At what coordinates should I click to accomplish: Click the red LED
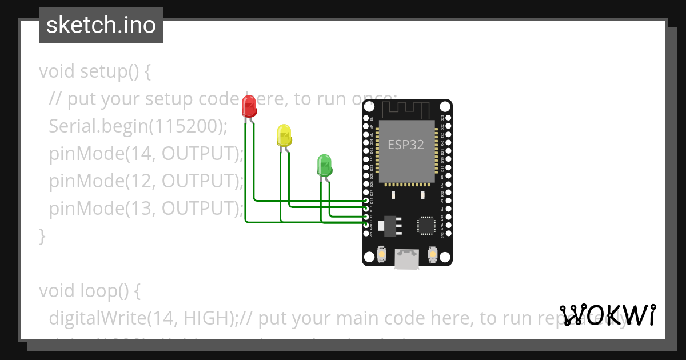[x=249, y=106]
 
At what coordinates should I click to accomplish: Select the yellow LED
[x=284, y=135]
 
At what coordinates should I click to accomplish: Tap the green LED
[x=324, y=165]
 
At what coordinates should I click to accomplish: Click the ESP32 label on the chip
[x=406, y=145]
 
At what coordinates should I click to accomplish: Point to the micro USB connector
[x=406, y=258]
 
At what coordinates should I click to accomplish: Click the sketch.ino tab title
[x=101, y=25]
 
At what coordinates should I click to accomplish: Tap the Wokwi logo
[x=608, y=315]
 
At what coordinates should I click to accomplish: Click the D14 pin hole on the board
[x=366, y=201]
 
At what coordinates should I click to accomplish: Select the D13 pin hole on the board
[x=366, y=217]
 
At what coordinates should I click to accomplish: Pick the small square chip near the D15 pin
[x=426, y=225]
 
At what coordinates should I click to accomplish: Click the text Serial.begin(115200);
[x=138, y=126]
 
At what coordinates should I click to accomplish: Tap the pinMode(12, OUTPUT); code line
[x=146, y=181]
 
